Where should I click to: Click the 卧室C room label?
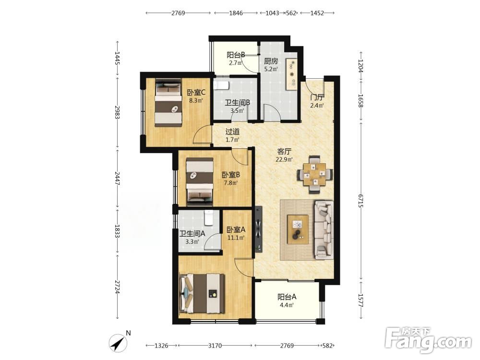point(196,92)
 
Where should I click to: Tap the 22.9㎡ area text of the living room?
point(284,159)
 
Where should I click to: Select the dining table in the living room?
point(315,175)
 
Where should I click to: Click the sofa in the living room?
point(324,230)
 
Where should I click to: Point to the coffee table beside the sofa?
point(298,229)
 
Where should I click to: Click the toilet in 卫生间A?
point(209,217)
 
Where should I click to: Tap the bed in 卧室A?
point(203,294)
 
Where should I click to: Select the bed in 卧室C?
point(168,103)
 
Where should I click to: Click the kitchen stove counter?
point(291,74)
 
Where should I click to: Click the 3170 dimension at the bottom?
point(215,346)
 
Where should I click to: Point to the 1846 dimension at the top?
point(236,13)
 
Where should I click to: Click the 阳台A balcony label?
point(287,297)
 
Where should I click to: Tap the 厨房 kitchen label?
point(271,61)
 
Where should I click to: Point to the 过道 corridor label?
point(232,132)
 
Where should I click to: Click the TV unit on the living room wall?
point(259,229)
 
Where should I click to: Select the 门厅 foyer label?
point(317,97)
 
